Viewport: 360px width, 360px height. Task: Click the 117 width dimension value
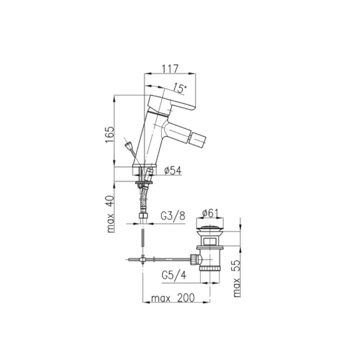(170, 69)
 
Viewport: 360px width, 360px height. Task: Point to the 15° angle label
(180, 88)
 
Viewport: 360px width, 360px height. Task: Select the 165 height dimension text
(110, 134)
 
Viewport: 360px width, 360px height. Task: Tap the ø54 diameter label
(173, 171)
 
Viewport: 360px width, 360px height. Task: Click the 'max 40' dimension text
(111, 214)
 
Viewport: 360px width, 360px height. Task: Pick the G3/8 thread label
(173, 216)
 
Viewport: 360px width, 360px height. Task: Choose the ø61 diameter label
(210, 213)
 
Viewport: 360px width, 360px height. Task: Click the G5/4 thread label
(174, 275)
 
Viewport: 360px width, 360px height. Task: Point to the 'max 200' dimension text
(173, 298)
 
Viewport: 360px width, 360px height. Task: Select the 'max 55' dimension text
(237, 279)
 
